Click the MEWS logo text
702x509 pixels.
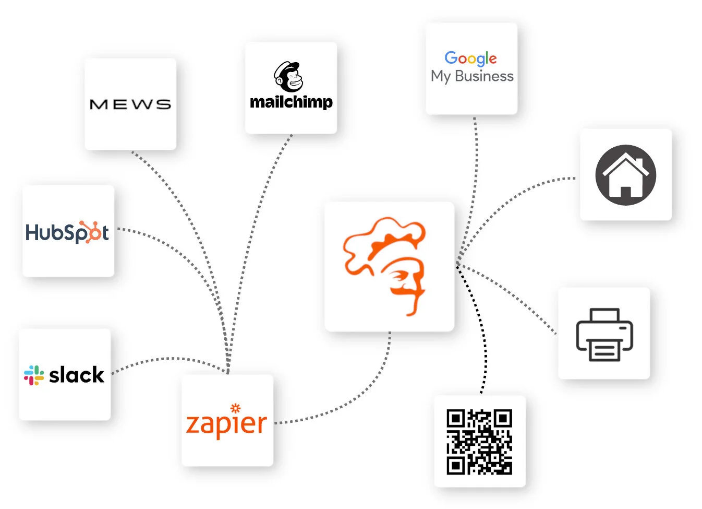point(130,104)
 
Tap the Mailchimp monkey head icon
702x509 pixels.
point(288,77)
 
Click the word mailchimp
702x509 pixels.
point(291,102)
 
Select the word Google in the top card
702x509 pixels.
point(470,58)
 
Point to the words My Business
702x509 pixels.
point(472,76)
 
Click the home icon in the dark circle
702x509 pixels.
point(625,175)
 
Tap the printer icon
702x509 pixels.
point(604,334)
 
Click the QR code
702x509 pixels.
point(479,442)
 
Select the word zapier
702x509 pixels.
point(226,424)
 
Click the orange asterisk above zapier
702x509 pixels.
point(235,408)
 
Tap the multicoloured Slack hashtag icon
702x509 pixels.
point(34,375)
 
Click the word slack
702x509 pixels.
point(77,375)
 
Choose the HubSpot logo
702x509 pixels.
point(67,232)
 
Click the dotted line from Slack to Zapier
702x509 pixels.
point(167,359)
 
